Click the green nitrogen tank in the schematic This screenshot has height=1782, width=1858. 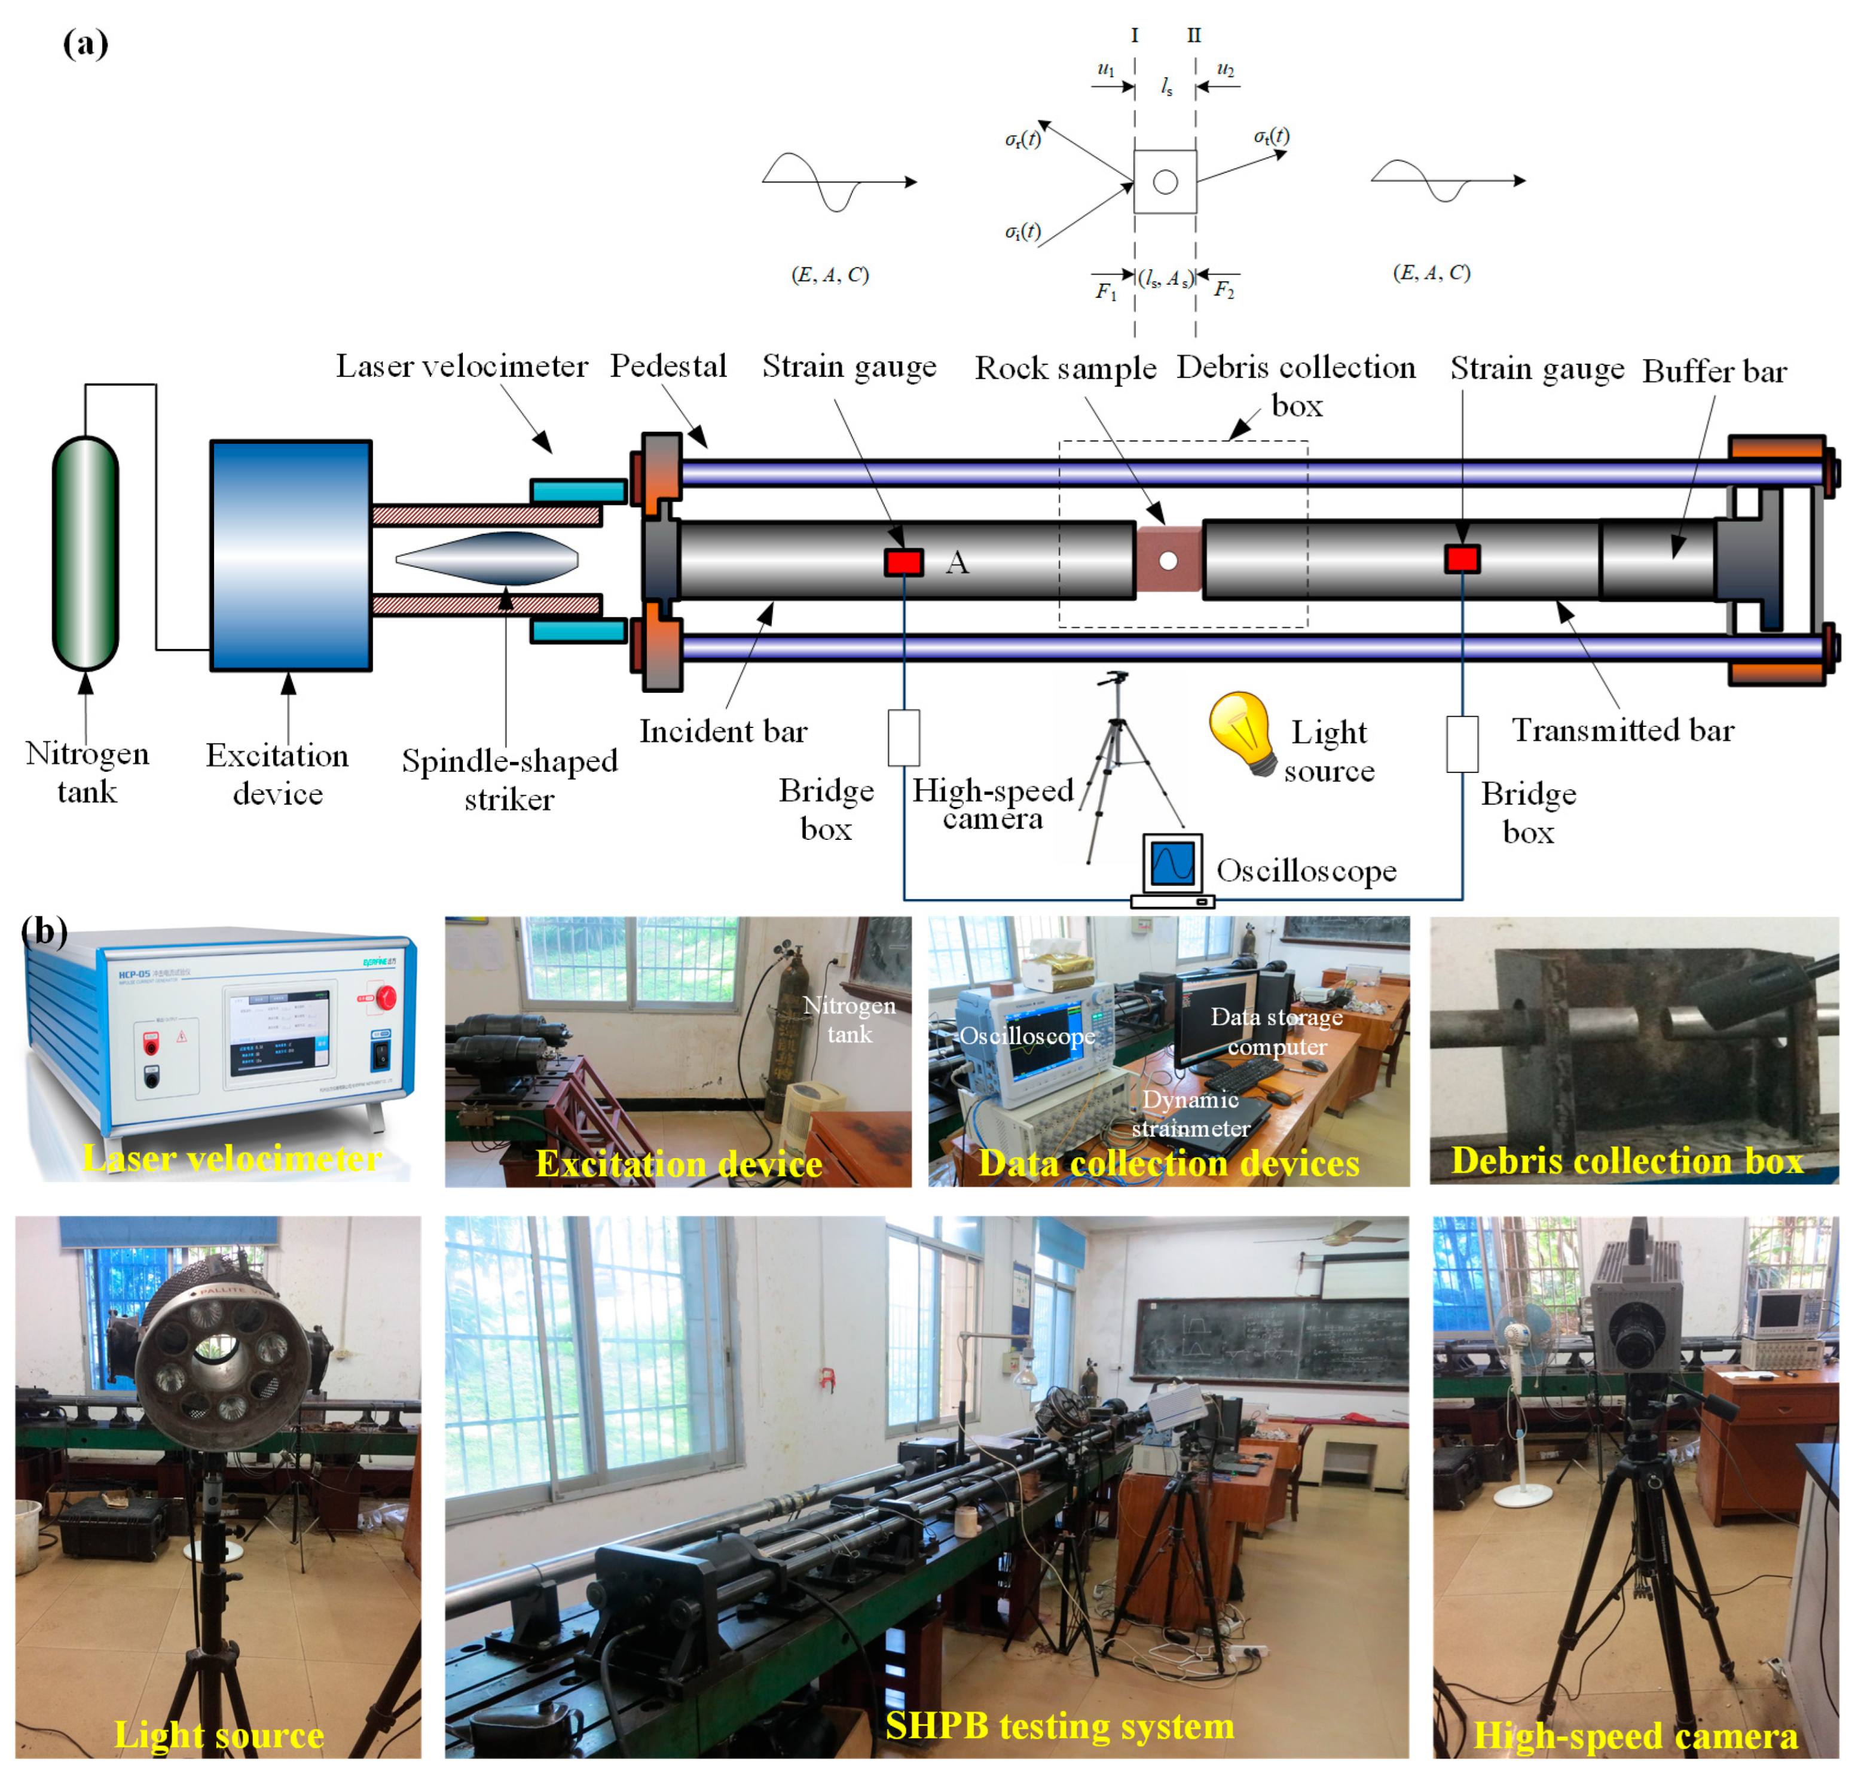[x=85, y=553]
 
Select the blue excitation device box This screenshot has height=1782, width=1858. [x=290, y=555]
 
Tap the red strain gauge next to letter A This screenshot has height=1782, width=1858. [x=903, y=562]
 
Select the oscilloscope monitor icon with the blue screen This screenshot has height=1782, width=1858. [x=1173, y=863]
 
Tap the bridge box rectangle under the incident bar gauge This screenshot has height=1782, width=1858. [x=903, y=737]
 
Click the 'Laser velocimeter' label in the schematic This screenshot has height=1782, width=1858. [x=462, y=366]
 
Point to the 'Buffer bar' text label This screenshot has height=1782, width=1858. [x=1714, y=371]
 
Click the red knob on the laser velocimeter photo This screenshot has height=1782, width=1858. [x=386, y=997]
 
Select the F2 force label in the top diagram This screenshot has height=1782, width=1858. [x=1224, y=290]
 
